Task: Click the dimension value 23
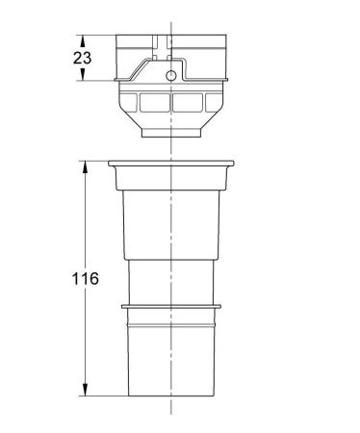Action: pyautogui.click(x=83, y=59)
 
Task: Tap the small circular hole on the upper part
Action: pyautogui.click(x=171, y=75)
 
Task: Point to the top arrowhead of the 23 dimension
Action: pyautogui.click(x=85, y=39)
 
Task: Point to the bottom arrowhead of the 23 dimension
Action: pyautogui.click(x=85, y=78)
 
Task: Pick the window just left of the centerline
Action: pyautogui.click(x=154, y=103)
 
